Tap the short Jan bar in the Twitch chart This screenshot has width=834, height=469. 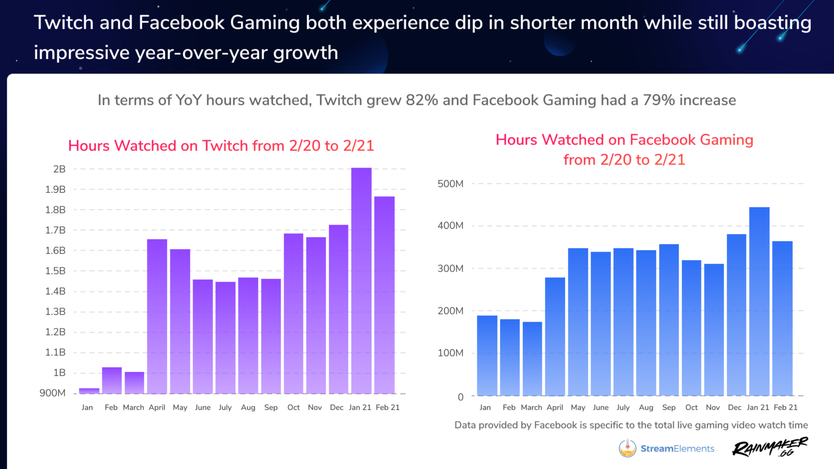point(89,391)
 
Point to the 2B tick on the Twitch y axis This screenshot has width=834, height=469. point(59,169)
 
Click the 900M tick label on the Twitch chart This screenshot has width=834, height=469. point(52,393)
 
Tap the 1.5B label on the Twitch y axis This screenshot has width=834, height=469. point(55,271)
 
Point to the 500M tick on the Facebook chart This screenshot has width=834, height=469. point(450,184)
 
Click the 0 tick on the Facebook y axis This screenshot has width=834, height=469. point(460,397)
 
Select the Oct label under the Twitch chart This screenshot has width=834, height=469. point(293,408)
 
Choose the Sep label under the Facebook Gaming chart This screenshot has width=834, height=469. point(669,408)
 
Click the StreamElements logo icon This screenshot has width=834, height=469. point(628,448)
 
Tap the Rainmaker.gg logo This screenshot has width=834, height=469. point(770,447)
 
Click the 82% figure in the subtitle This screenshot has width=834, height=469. point(421,100)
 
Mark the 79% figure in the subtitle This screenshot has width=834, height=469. point(659,100)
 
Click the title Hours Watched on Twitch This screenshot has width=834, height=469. point(221,146)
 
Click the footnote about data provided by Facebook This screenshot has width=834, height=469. point(631,425)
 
